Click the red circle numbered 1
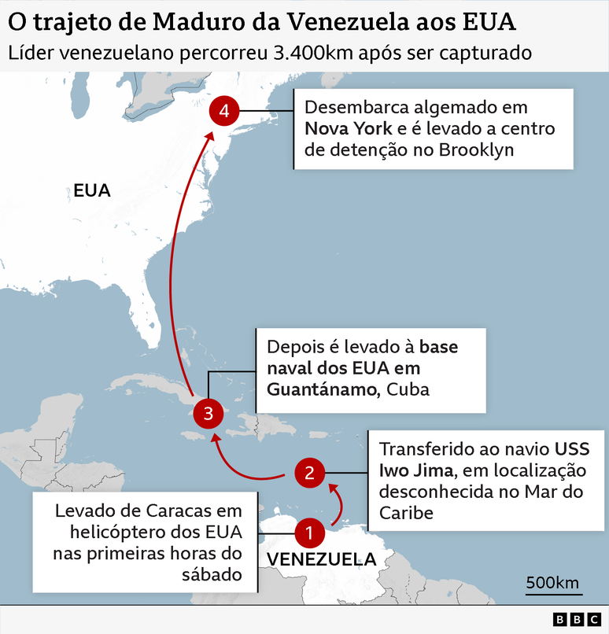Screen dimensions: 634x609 (309, 533)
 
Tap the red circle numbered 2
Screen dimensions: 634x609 (309, 473)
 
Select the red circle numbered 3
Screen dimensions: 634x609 (207, 411)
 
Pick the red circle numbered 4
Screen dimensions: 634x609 (224, 112)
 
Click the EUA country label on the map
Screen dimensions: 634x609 (92, 190)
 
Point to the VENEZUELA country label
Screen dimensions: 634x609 (321, 559)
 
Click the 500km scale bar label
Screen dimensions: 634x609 (552, 583)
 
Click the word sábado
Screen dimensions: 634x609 (211, 574)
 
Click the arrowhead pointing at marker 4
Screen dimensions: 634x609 (210, 135)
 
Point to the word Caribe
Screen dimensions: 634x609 (406, 513)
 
